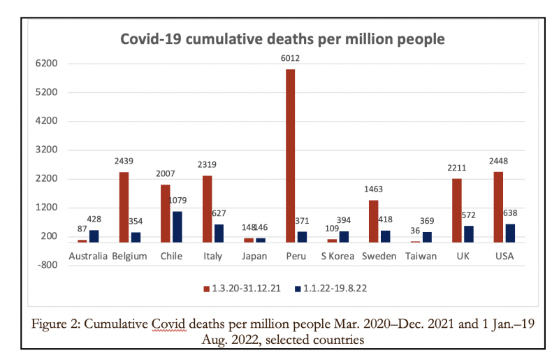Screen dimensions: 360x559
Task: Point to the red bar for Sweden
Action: pos(373,221)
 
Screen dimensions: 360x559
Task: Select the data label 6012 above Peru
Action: pos(291,59)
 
